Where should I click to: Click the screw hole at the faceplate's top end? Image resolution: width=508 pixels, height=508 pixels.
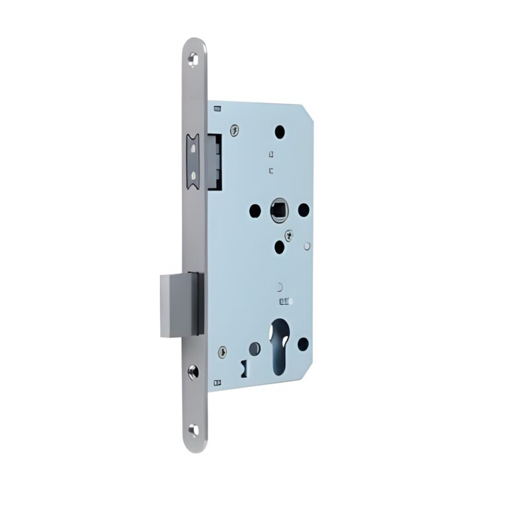click(x=192, y=60)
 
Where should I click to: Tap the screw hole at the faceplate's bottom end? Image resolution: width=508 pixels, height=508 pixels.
click(x=192, y=430)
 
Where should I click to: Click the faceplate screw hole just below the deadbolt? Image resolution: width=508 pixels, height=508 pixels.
click(x=192, y=371)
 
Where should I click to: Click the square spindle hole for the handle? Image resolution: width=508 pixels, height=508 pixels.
click(x=278, y=211)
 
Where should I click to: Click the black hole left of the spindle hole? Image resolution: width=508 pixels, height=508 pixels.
click(x=255, y=211)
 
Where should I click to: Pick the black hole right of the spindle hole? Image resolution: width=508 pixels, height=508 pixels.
click(x=304, y=210)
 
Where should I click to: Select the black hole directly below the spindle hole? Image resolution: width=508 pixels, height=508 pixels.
click(x=280, y=247)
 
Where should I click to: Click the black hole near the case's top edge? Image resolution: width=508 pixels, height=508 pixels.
click(x=280, y=132)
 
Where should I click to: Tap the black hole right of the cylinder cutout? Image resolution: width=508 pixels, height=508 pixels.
click(x=303, y=344)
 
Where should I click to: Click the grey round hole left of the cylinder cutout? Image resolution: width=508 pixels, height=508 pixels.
click(x=255, y=348)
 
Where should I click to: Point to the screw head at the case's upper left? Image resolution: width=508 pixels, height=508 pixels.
click(x=234, y=130)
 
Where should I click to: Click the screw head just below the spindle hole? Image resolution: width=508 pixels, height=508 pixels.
click(x=288, y=235)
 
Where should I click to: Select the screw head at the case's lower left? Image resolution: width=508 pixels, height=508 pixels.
click(x=223, y=353)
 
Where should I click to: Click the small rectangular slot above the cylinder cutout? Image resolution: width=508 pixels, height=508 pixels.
click(x=285, y=302)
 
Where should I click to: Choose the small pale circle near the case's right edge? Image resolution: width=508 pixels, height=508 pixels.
click(x=308, y=246)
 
